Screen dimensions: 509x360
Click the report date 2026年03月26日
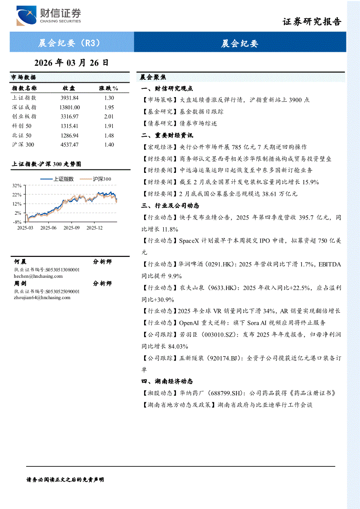71,63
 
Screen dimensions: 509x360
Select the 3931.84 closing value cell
69,98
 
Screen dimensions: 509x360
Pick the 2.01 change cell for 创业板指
109,116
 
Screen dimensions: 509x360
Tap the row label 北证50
22,135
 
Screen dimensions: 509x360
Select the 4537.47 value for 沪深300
69,145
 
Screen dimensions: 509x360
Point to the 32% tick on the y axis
17,185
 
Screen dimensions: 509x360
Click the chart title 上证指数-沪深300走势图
46,164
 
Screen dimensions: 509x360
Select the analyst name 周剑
20,283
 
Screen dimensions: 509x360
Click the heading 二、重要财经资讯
167,135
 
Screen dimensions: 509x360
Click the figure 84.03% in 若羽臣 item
177,346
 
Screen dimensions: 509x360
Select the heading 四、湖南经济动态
167,381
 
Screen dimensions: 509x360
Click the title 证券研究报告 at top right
312,22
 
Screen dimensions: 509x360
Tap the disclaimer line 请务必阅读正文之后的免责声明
65,479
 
